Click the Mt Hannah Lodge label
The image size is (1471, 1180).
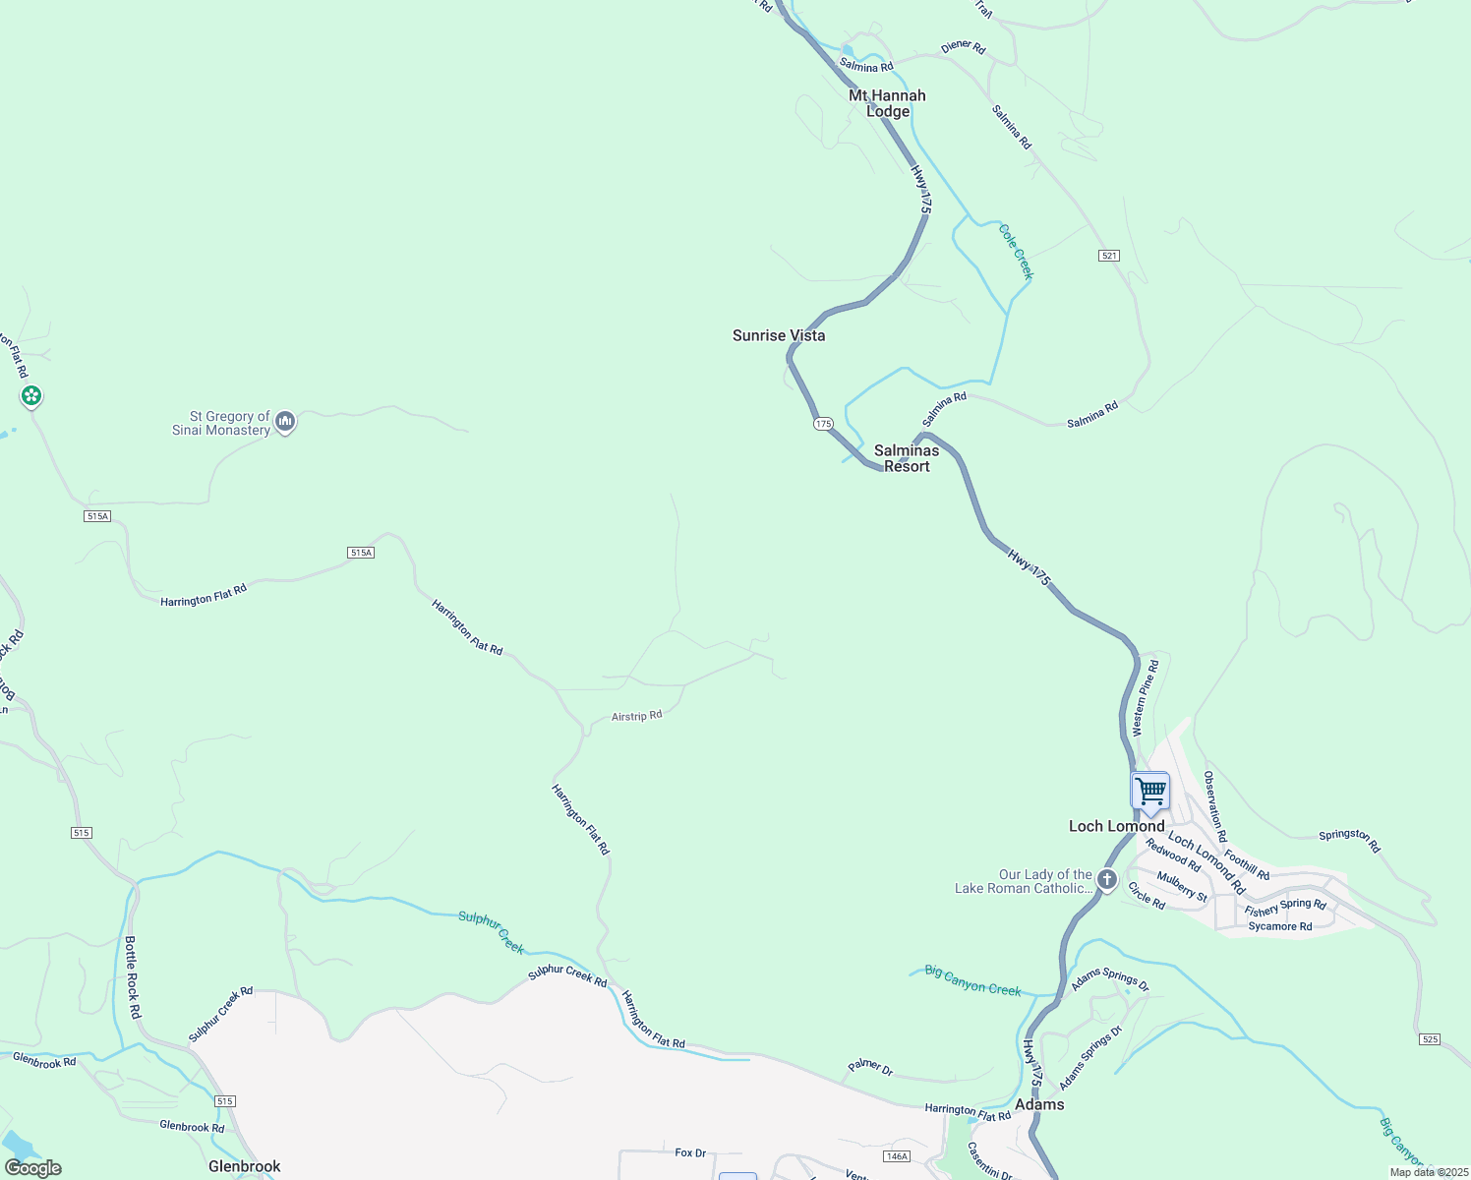pyautogui.click(x=887, y=103)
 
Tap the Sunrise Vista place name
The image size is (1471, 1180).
pyautogui.click(x=779, y=335)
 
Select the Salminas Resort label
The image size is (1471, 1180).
pyautogui.click(x=907, y=458)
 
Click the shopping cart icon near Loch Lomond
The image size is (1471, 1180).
pyautogui.click(x=1149, y=792)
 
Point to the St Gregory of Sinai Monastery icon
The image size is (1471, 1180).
pyautogui.click(x=285, y=422)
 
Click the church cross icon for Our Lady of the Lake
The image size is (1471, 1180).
pyautogui.click(x=1106, y=879)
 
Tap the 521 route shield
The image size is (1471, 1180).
pyautogui.click(x=1109, y=256)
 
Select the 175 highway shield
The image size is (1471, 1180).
pyautogui.click(x=823, y=424)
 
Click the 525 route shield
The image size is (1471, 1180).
pyautogui.click(x=1430, y=1039)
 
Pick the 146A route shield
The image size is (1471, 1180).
pyautogui.click(x=897, y=1156)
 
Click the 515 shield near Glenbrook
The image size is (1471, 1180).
pyautogui.click(x=225, y=1101)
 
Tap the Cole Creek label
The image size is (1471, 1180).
pyautogui.click(x=1016, y=252)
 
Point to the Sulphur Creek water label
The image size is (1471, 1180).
pyautogui.click(x=492, y=932)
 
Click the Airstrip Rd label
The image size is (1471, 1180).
pyautogui.click(x=636, y=716)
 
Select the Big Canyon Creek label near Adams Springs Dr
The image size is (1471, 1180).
pyautogui.click(x=973, y=981)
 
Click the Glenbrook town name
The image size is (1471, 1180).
pyautogui.click(x=245, y=1166)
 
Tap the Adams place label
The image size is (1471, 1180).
pyautogui.click(x=1039, y=1104)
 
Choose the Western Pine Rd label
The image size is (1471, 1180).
pyautogui.click(x=1146, y=698)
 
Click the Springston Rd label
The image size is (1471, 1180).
pyautogui.click(x=1349, y=841)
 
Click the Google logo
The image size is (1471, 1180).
pyautogui.click(x=33, y=1168)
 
